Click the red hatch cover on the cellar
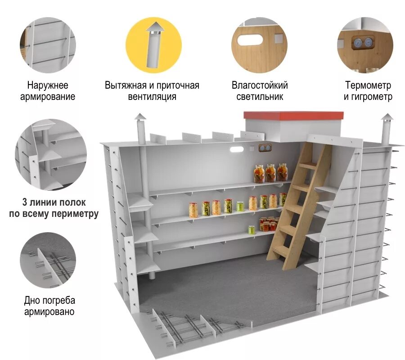(x=293, y=115)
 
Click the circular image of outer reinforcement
(x=48, y=45)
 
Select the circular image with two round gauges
(x=365, y=45)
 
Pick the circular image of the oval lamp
(x=259, y=45)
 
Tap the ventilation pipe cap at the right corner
(x=387, y=118)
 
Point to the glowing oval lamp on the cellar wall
(x=237, y=148)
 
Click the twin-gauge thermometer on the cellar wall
(x=265, y=148)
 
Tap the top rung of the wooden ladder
(x=308, y=166)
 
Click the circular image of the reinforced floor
(x=48, y=260)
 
